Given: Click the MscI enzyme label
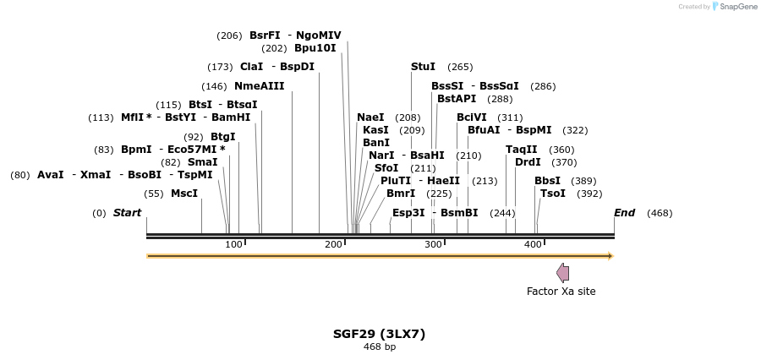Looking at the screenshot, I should (x=184, y=194).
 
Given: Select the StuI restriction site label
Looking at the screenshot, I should (x=423, y=67).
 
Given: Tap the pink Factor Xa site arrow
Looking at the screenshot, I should (x=562, y=272).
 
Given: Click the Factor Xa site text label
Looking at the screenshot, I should (x=561, y=292).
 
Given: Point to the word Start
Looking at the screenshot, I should (x=127, y=213).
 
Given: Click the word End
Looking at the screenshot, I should (x=624, y=213).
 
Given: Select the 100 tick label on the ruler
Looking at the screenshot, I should (x=233, y=245).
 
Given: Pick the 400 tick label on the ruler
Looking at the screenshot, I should (x=533, y=245).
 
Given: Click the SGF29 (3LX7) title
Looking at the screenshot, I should (x=379, y=334).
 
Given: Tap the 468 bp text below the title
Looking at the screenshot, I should (x=379, y=347).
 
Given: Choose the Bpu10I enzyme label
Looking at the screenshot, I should (x=315, y=48).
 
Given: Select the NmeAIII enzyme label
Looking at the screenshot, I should (x=259, y=86).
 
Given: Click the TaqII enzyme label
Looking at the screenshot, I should (x=521, y=150).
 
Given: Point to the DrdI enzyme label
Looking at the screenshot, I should (x=528, y=162).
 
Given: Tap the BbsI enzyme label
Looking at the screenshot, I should (x=547, y=181).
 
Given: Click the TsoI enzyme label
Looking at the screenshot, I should (x=552, y=194).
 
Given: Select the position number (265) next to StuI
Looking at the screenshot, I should (x=460, y=68).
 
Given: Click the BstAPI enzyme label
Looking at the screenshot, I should (x=456, y=99).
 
